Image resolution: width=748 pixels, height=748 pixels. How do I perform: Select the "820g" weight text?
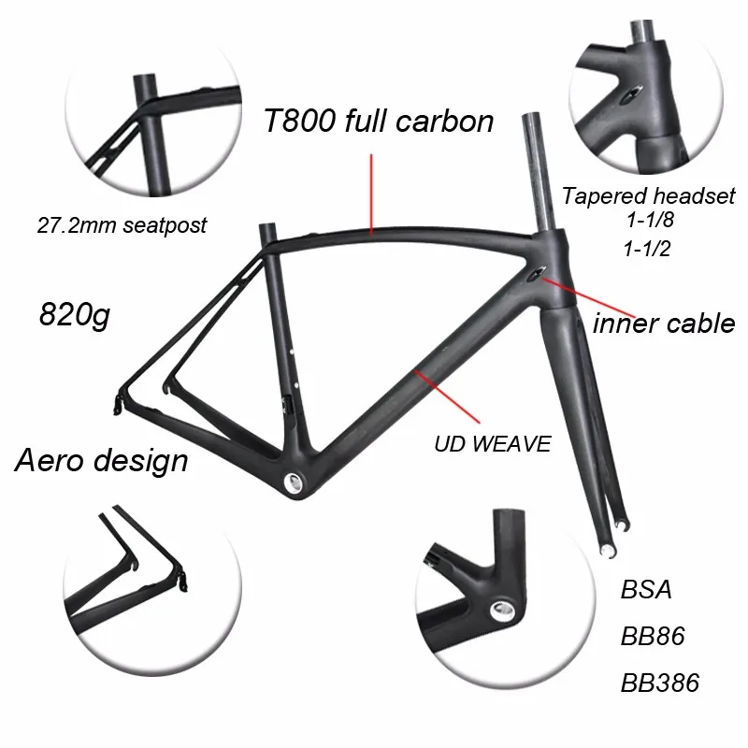point(75,314)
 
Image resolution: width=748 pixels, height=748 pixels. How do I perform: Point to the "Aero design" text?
point(103,459)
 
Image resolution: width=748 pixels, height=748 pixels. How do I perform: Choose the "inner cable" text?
point(664,324)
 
